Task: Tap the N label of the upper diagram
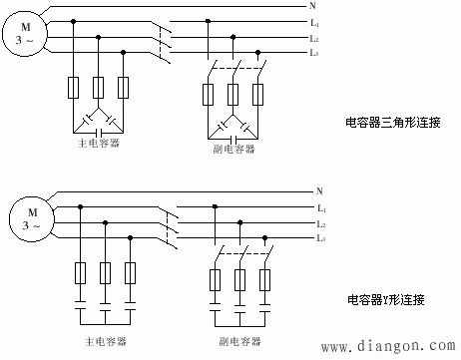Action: [x=313, y=6]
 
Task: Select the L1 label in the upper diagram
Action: [x=314, y=22]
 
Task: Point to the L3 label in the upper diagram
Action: [x=314, y=52]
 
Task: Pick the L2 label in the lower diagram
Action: [x=320, y=222]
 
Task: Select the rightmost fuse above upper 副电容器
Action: [x=258, y=96]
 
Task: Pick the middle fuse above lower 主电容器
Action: [x=105, y=271]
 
